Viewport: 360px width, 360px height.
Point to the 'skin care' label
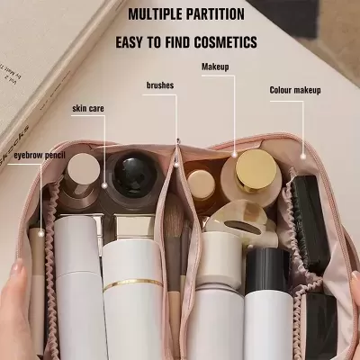(88, 108)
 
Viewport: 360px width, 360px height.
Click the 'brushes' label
(160, 85)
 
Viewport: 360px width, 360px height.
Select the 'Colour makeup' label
(295, 90)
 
